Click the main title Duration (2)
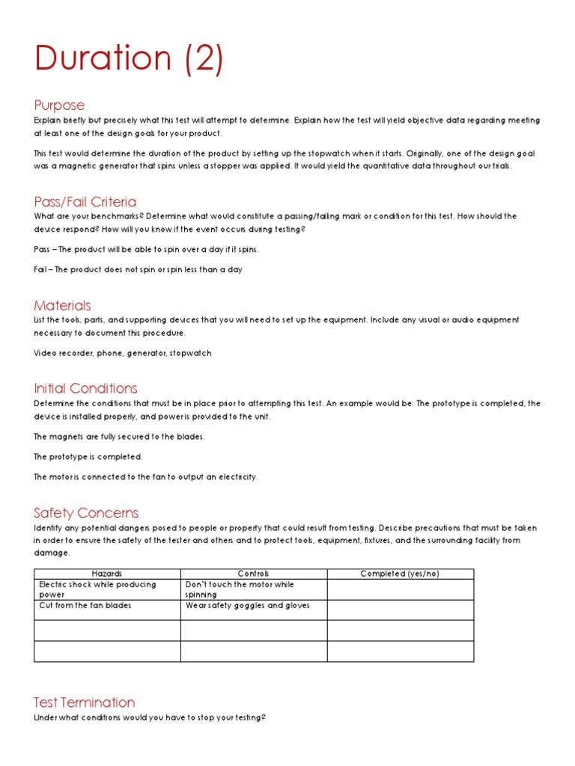coord(129,59)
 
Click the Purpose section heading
coord(59,105)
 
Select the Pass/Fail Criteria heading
coord(85,201)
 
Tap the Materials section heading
coord(62,305)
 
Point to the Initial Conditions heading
coord(85,388)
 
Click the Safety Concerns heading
coord(86,512)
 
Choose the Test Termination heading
coord(84,702)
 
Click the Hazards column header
coord(106,574)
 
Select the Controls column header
coord(253,574)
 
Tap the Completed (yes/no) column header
coord(400,574)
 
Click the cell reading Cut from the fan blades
coord(85,605)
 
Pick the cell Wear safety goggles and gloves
coord(247,605)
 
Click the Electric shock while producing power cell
coord(97,589)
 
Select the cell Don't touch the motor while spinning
coord(240,589)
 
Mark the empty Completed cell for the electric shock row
coord(400,589)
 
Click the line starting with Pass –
coord(146,249)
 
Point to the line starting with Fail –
coord(138,269)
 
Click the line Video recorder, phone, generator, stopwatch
coord(122,353)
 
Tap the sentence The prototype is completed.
coord(88,456)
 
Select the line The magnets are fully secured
coord(119,436)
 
